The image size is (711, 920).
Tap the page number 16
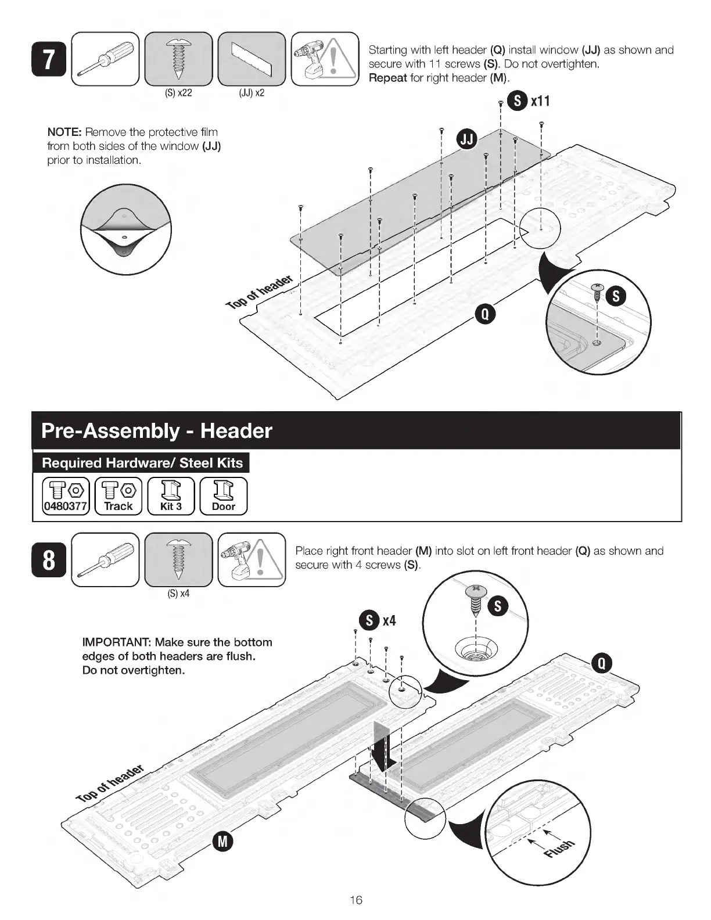355,900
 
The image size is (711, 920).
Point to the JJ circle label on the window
468,139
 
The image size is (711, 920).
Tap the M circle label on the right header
223,840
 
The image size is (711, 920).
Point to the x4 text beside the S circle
389,620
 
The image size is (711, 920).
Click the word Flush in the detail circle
560,848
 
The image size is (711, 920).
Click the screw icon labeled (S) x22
179,59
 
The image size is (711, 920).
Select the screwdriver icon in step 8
105,559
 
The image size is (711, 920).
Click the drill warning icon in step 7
325,59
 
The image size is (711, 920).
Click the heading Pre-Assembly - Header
157,431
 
